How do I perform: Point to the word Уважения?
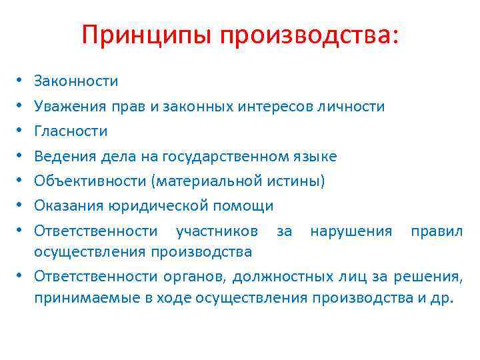point(69,107)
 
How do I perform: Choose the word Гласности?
point(71,131)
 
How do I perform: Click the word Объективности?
point(84,181)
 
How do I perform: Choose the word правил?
point(437,231)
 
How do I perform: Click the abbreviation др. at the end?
point(442,297)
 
